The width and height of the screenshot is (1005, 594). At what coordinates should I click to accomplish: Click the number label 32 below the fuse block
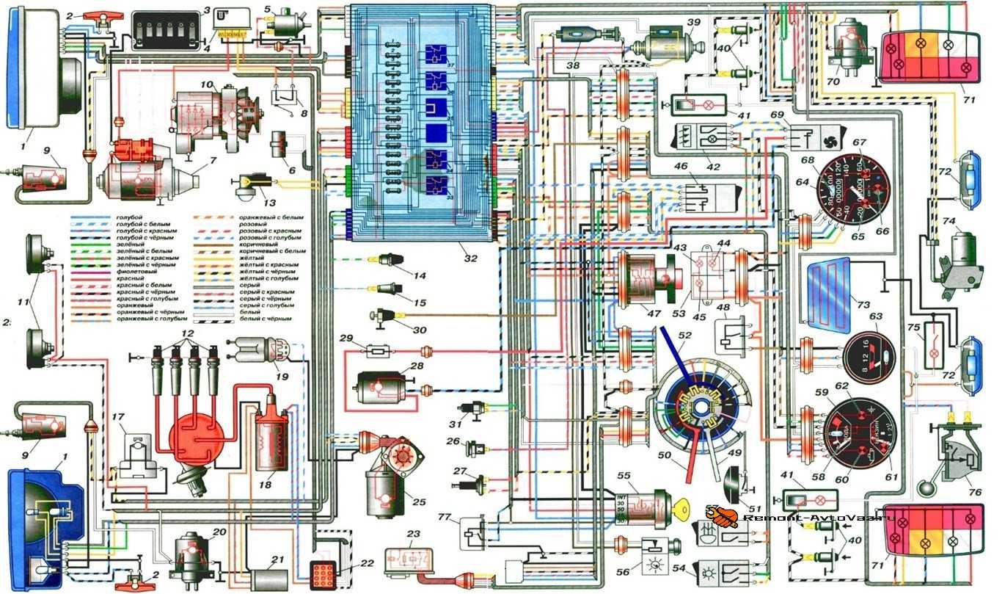[471, 258]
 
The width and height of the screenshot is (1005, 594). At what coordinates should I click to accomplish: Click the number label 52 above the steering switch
[686, 335]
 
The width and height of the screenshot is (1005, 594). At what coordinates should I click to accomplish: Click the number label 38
[571, 64]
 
